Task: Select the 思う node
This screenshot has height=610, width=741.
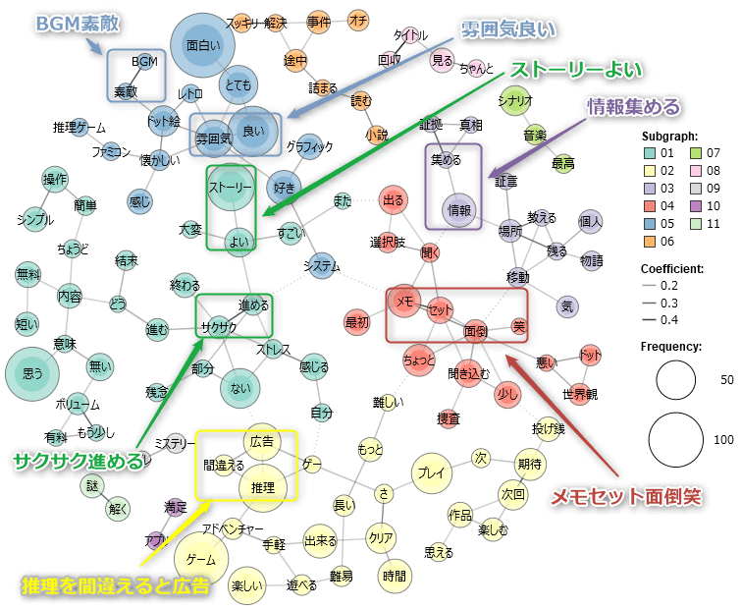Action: coord(33,373)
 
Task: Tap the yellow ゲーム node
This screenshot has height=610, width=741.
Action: coord(200,560)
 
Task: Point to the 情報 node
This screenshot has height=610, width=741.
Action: coord(457,208)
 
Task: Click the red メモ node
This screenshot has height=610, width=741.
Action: coord(403,305)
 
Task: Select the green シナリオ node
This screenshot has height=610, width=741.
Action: coord(515,101)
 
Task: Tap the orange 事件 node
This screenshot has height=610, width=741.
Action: coord(319,21)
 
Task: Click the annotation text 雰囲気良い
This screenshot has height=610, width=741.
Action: coord(507,29)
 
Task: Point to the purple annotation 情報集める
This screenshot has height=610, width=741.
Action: coord(633,105)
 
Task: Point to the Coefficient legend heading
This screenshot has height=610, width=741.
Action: coord(676,268)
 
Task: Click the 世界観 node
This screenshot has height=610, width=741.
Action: coord(580,395)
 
